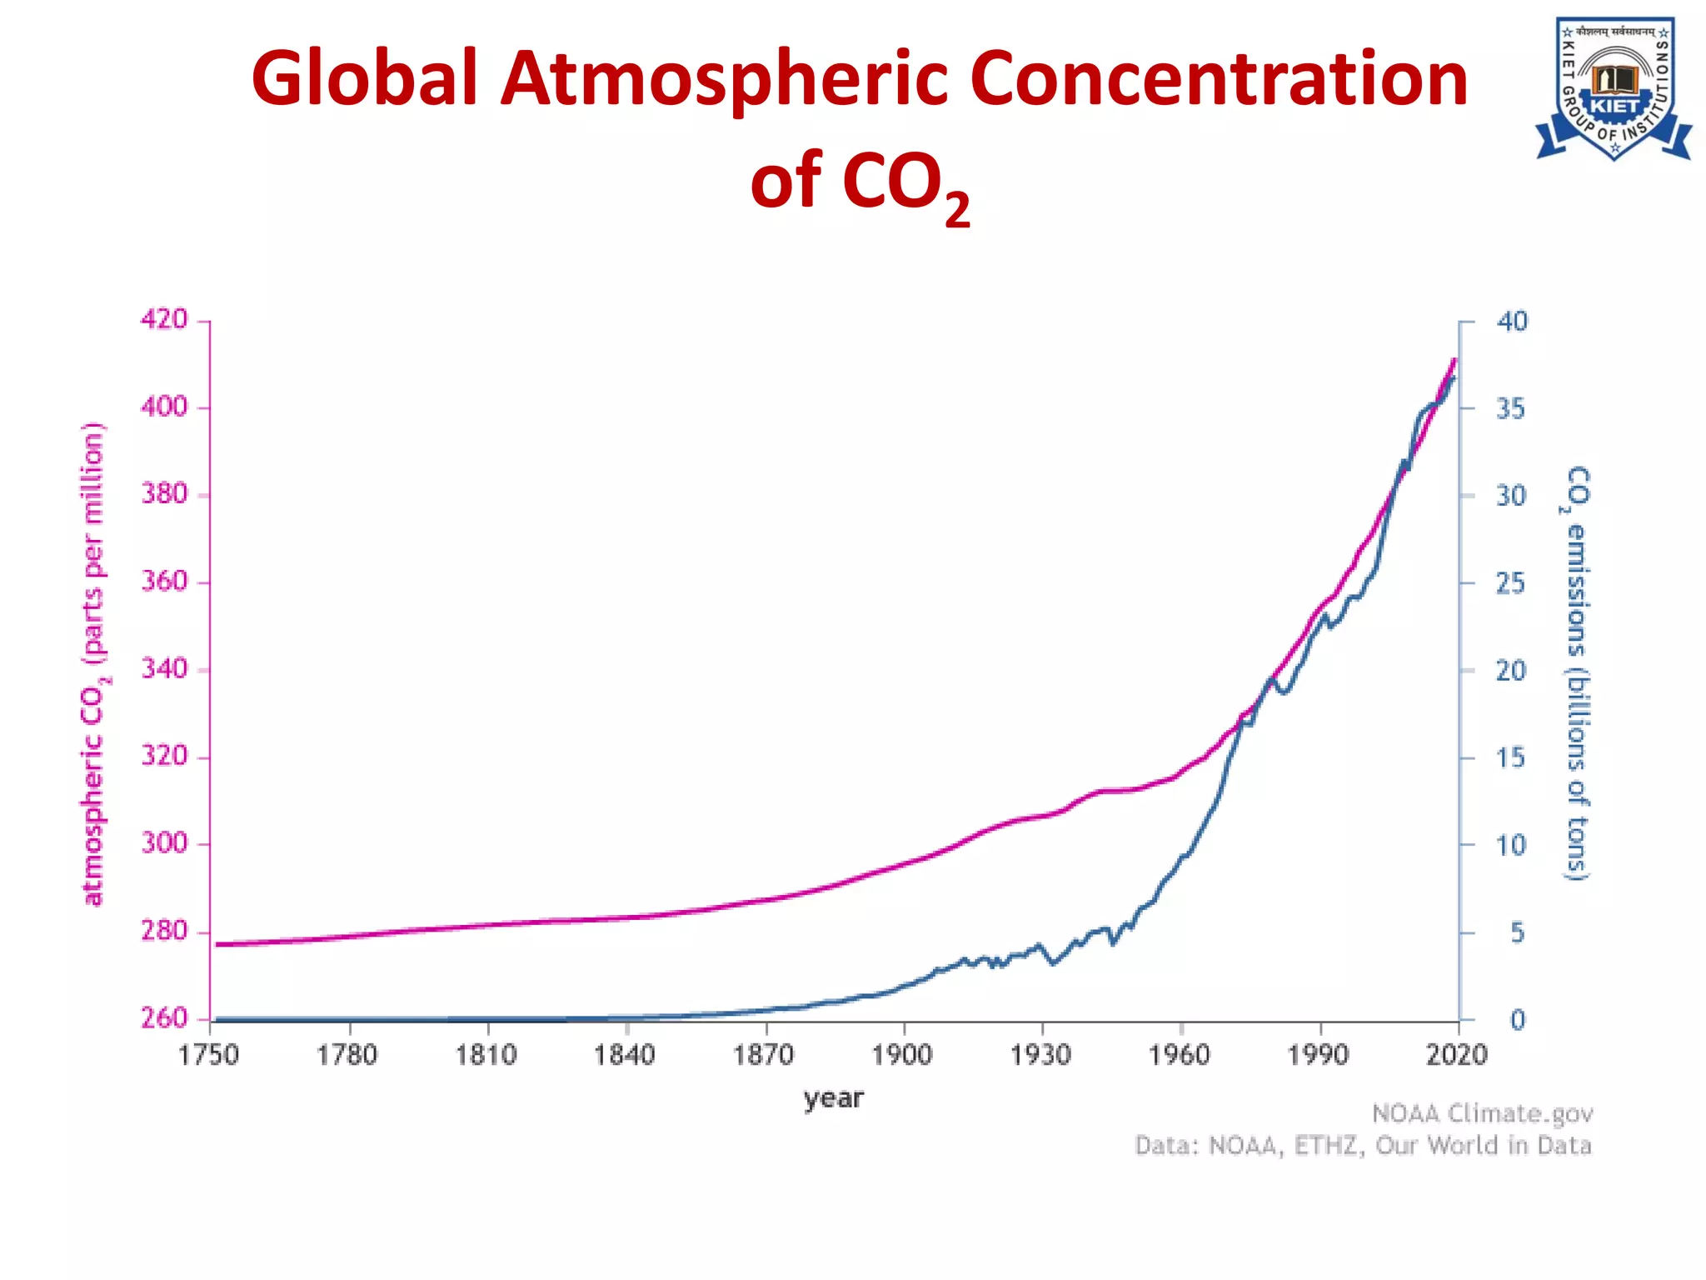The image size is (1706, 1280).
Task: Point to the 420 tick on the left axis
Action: [x=164, y=319]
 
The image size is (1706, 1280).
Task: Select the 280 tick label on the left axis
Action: [x=164, y=931]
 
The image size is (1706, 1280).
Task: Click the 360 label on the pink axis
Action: [x=164, y=581]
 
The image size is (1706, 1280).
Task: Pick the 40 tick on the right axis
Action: [x=1512, y=322]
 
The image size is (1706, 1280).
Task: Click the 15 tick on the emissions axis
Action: [x=1509, y=757]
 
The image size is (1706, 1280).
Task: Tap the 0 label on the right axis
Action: [x=1517, y=1020]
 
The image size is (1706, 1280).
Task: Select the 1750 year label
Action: [x=208, y=1056]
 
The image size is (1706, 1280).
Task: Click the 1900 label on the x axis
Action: [x=902, y=1056]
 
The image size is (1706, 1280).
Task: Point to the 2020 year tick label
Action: [x=1456, y=1056]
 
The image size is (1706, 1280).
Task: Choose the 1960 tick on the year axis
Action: [x=1180, y=1056]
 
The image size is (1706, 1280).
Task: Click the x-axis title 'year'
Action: [x=833, y=1099]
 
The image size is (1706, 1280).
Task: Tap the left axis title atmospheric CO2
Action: [x=94, y=664]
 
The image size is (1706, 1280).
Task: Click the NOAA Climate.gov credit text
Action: [x=1482, y=1114]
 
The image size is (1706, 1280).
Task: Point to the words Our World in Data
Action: [x=1483, y=1146]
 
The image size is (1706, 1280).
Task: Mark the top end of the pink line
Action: [x=1454, y=361]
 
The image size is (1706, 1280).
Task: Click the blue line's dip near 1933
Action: [x=1054, y=962]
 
